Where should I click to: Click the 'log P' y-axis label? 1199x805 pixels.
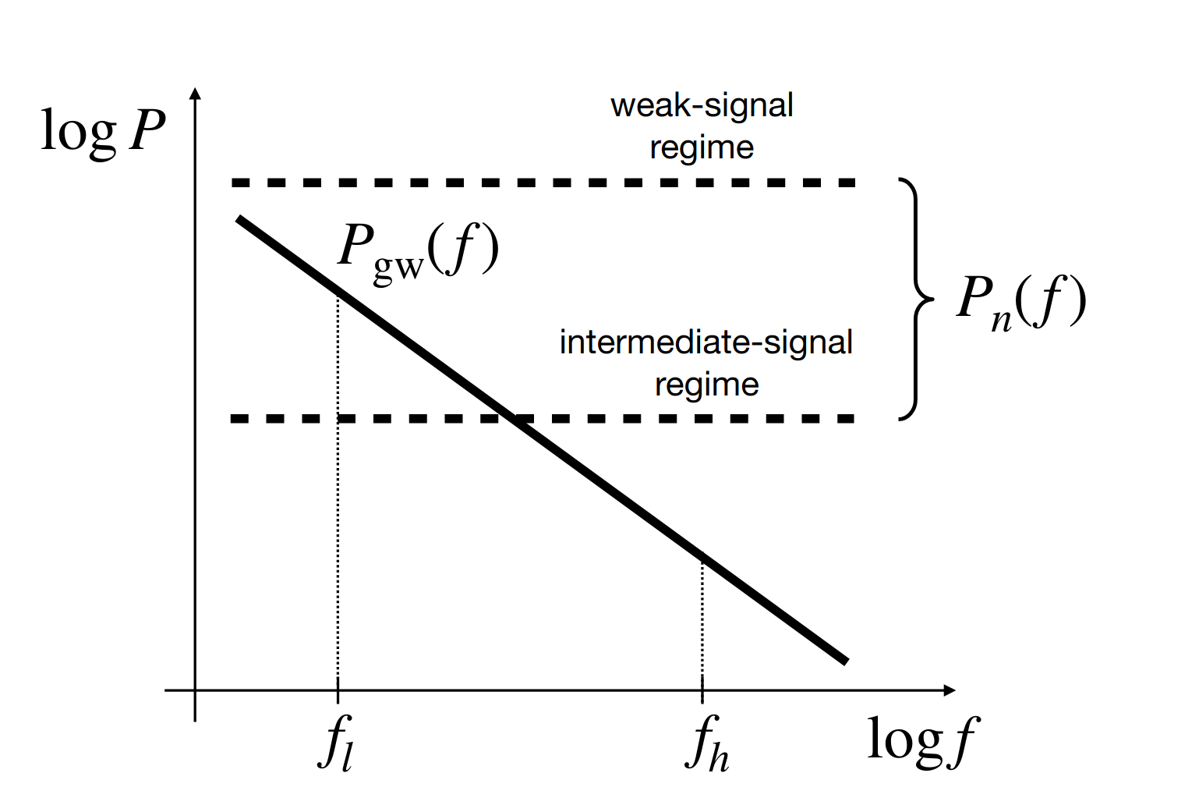(x=102, y=131)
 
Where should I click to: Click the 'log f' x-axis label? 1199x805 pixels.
(x=921, y=739)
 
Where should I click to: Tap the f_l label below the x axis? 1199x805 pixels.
(x=337, y=743)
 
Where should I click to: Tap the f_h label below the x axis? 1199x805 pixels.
(x=706, y=743)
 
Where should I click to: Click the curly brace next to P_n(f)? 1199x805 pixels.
(x=916, y=300)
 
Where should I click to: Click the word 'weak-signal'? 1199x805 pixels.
(x=702, y=105)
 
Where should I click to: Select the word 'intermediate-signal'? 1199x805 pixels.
(x=706, y=342)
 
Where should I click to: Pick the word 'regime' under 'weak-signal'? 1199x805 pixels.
(x=702, y=147)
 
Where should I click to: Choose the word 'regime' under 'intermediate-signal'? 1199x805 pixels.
(x=706, y=385)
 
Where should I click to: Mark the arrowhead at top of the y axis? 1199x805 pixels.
(x=196, y=93)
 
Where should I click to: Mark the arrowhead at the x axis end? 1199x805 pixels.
(x=950, y=690)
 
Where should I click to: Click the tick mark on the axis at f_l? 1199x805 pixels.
(x=338, y=690)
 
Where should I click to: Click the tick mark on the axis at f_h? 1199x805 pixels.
(x=702, y=690)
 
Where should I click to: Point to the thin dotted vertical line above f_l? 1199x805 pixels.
(x=338, y=484)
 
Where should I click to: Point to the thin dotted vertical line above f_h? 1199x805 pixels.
(x=702, y=616)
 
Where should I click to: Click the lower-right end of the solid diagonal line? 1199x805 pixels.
(x=844, y=661)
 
